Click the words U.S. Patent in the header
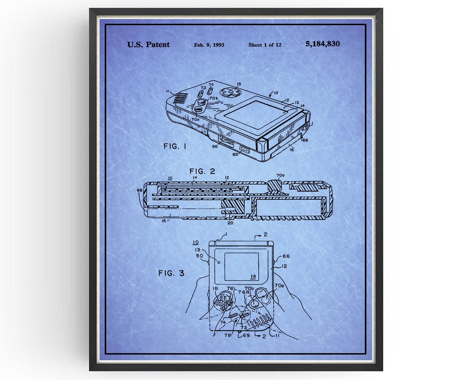click(148, 44)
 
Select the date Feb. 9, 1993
click(209, 45)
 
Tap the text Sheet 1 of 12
click(264, 45)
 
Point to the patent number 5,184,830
click(322, 44)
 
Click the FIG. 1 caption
click(175, 146)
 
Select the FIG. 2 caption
click(202, 171)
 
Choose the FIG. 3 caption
click(171, 273)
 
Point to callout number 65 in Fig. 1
click(235, 154)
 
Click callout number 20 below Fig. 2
click(230, 223)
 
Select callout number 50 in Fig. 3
click(199, 256)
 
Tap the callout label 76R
click(245, 292)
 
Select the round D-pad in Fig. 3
click(223, 303)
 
